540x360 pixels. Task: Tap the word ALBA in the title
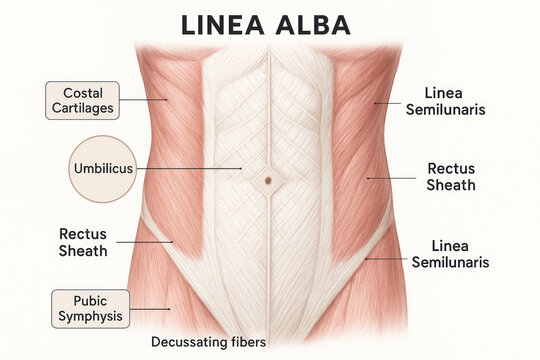point(322,26)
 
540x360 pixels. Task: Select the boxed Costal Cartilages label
point(83,101)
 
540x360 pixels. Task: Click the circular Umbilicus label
point(103,168)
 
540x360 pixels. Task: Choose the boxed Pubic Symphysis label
point(90,309)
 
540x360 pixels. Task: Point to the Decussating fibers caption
point(208,342)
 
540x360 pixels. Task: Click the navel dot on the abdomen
point(269,181)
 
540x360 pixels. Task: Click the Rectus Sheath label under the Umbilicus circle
point(83,242)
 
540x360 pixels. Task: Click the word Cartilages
point(83,109)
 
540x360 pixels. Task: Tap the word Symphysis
point(90,317)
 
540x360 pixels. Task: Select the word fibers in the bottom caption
point(246,342)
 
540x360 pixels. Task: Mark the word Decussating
point(187,342)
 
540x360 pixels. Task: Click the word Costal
point(83,93)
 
